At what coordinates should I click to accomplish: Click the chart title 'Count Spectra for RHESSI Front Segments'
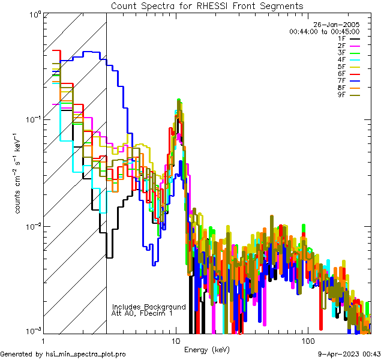tap(207, 6)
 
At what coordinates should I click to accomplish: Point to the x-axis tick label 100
tap(307, 340)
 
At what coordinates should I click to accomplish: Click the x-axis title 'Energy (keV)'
tap(207, 349)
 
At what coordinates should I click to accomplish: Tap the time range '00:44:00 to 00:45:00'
tap(324, 31)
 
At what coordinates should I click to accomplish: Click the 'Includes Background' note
tap(149, 307)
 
